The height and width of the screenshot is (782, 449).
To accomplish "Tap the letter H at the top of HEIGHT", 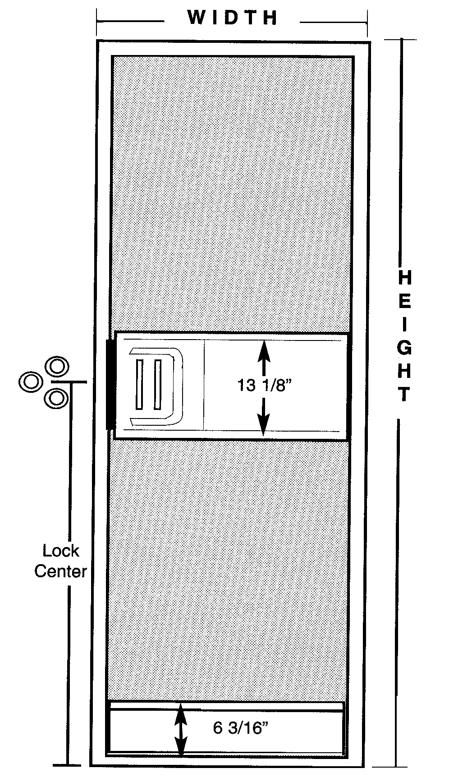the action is [x=405, y=278].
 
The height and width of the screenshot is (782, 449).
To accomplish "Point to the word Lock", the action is [x=60, y=551].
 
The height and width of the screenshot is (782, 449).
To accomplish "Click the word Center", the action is [x=60, y=571].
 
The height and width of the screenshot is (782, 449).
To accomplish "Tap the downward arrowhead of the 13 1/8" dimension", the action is [x=264, y=425].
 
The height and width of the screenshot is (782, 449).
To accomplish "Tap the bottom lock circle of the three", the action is [x=57, y=398].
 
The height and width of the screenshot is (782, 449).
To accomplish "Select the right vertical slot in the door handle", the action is [x=157, y=385].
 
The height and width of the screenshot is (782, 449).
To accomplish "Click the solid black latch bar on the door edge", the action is [x=110, y=385].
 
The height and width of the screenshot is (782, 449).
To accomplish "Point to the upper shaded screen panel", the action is [x=232, y=194].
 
